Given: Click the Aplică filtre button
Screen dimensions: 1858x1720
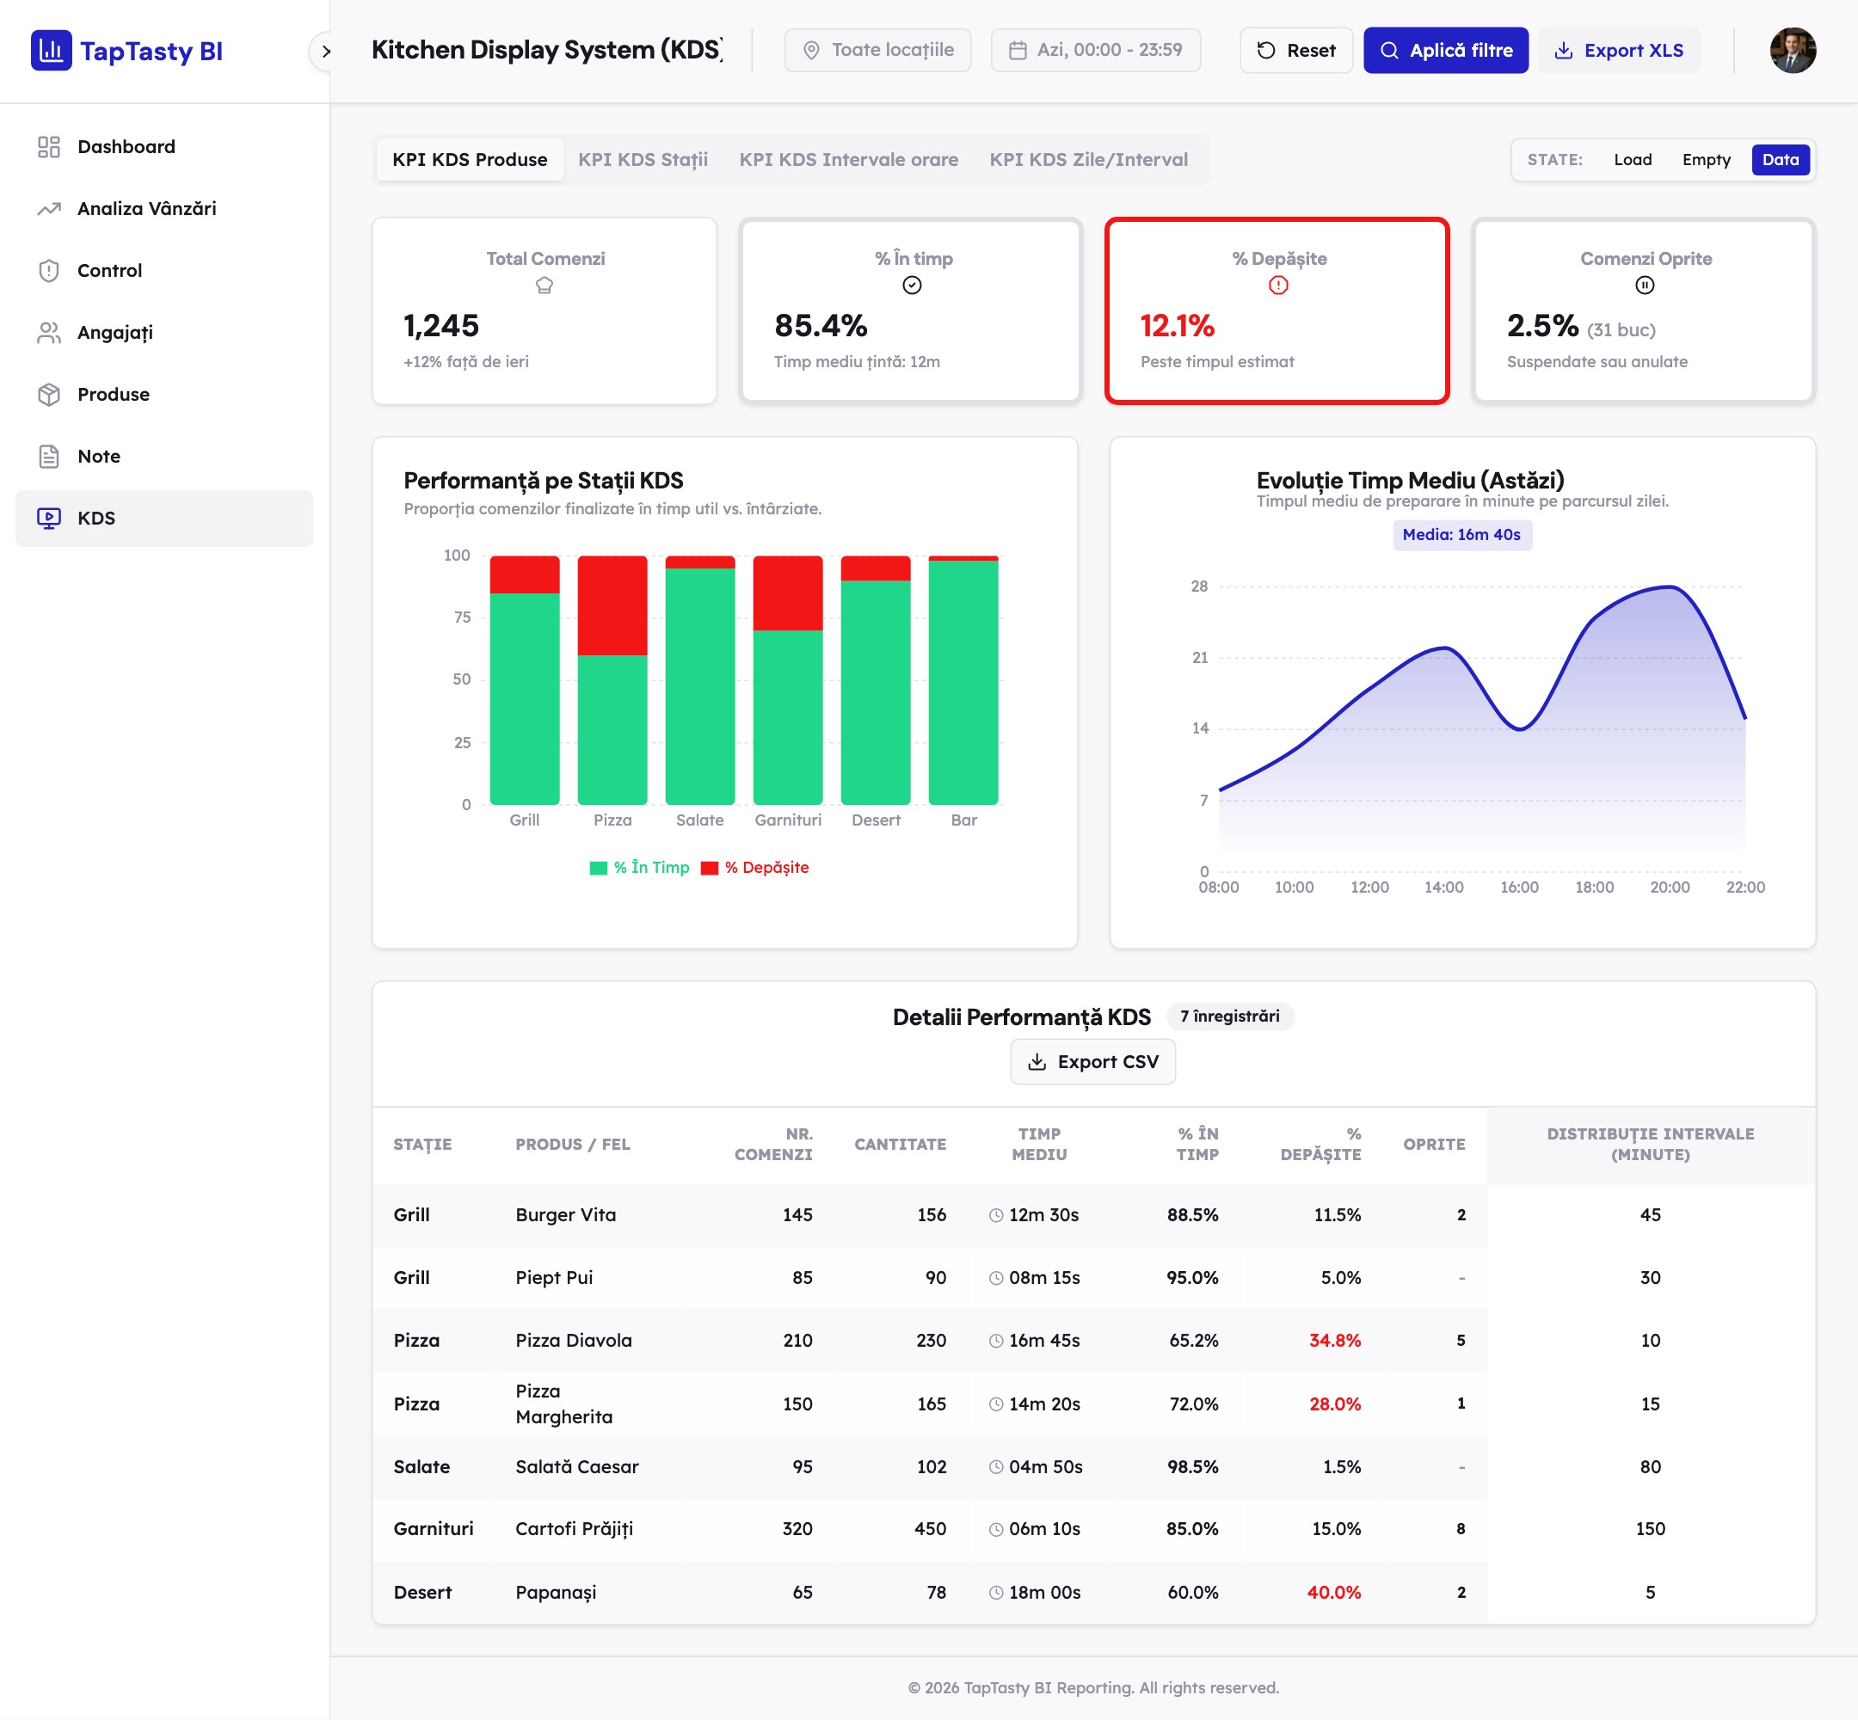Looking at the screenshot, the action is coord(1446,50).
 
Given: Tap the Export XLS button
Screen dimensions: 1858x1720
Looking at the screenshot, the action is coord(1619,50).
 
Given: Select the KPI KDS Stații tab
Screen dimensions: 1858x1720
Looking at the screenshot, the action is coord(643,159).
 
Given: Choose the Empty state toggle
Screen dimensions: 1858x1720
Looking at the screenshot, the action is coord(1707,159).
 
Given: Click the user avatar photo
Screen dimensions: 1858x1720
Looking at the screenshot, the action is coord(1793,50).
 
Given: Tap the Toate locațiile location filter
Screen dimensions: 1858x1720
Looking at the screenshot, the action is coord(877,50).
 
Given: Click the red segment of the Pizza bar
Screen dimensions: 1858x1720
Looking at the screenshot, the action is coord(612,606).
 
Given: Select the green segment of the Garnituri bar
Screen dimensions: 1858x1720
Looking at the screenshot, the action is coord(788,717).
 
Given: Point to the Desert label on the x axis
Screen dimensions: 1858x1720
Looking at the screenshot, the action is coord(876,820).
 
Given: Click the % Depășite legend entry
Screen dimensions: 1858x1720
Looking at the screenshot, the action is coord(755,868).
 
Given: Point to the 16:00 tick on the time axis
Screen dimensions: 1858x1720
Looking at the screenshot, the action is coord(1519,887).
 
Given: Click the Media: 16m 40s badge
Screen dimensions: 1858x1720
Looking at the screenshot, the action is coord(1461,534).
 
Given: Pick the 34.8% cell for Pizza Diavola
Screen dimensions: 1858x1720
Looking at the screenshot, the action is coord(1335,1340).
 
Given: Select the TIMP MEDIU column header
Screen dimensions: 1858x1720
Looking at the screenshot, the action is coord(1039,1144).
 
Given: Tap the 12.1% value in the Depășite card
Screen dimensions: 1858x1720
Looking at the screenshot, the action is coord(1178,326).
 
